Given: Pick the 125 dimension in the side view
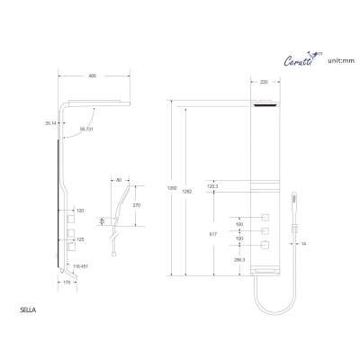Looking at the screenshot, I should tap(80, 239).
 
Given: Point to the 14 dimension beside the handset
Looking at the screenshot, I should tap(304, 243).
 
